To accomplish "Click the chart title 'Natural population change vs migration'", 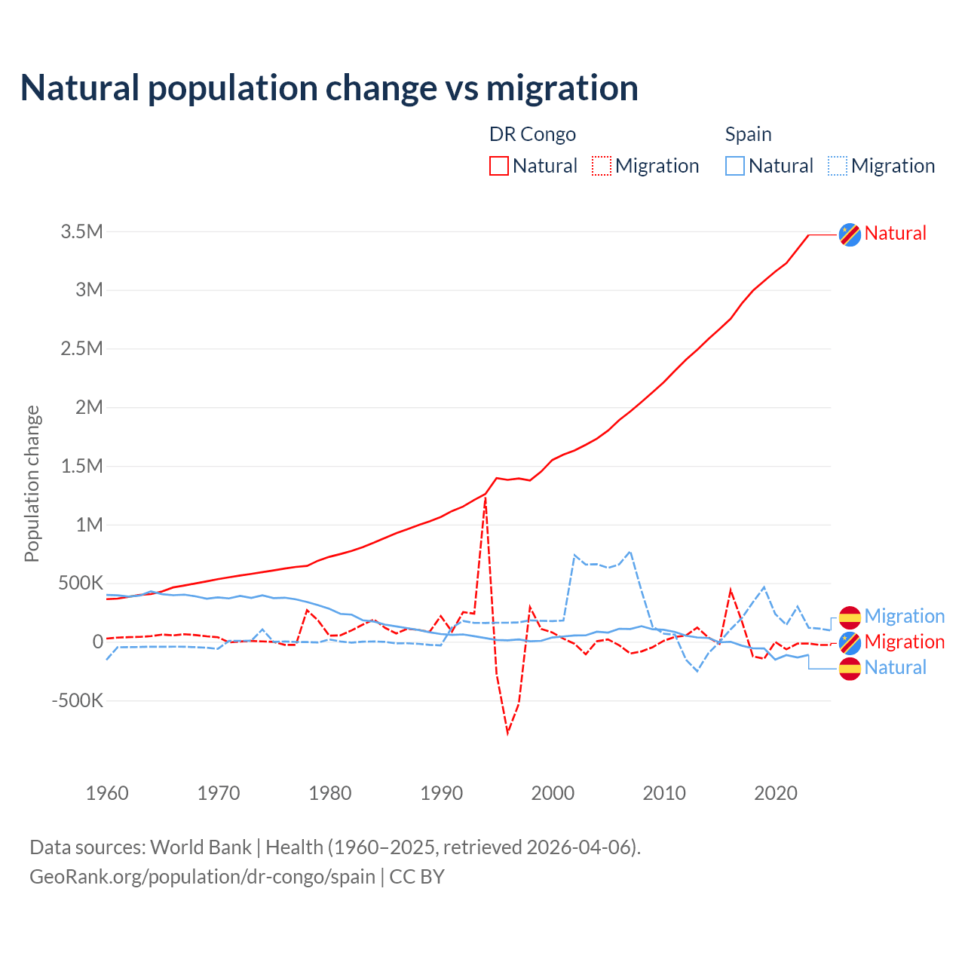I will (x=329, y=88).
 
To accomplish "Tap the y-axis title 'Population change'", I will (x=32, y=483).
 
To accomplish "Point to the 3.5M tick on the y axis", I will (x=81, y=231).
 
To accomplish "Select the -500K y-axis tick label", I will (x=77, y=701).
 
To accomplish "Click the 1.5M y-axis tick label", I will (x=81, y=467).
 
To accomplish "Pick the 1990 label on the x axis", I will (x=441, y=793).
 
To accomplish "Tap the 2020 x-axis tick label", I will (x=776, y=793).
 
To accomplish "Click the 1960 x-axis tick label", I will (x=107, y=793).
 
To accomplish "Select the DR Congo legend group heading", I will (x=532, y=134).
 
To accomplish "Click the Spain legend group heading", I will (x=748, y=134).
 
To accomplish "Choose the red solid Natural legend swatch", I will (x=499, y=166).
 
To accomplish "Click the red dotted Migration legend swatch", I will (x=602, y=166).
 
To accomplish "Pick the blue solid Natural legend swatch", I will (x=735, y=166).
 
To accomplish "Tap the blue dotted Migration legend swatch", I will (x=838, y=166).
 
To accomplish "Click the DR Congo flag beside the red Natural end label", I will (x=850, y=234).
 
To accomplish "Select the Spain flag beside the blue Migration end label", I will (x=850, y=617).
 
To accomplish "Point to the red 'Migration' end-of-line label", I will (x=904, y=642).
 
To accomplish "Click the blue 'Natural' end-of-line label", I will (x=895, y=667).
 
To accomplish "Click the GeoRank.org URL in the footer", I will (x=202, y=877).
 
